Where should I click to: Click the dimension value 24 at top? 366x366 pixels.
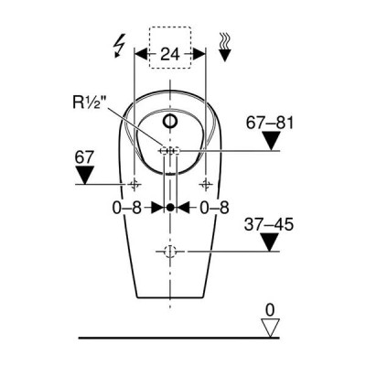(170, 54)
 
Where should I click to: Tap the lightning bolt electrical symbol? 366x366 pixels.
(119, 46)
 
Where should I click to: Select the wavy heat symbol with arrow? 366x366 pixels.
(225, 47)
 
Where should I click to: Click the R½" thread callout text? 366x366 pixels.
(88, 102)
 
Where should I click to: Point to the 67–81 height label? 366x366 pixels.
(270, 124)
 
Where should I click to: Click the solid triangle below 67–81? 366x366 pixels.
(272, 141)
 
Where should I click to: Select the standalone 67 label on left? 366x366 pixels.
(84, 158)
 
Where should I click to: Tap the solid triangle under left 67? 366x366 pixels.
(84, 175)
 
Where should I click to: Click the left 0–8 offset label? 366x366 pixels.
(127, 208)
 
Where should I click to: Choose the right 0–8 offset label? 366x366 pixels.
(214, 208)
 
